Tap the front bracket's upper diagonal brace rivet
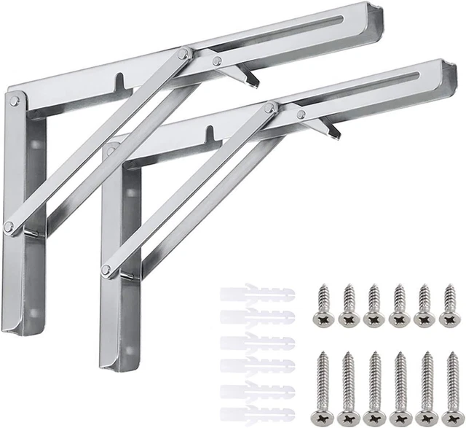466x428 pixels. (x=271, y=107)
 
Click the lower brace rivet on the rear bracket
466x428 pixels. (x=8, y=227)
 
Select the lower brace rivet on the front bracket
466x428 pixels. (x=106, y=270)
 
